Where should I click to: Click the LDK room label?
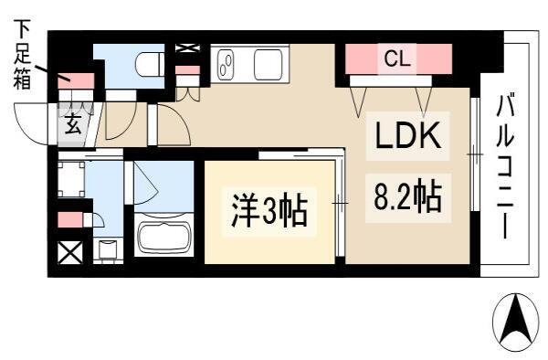coord(407,135)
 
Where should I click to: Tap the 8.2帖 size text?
coord(408,196)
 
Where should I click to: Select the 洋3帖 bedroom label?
coord(269,211)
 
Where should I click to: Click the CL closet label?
coord(397,58)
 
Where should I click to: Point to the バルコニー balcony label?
coord(506,166)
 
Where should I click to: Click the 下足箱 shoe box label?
coord(22,54)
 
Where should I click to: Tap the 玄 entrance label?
coord(72,124)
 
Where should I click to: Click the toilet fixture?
coord(149,65)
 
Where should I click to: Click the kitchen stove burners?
coord(227,64)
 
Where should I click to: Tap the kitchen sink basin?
coord(268,64)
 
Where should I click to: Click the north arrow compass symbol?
coord(515,319)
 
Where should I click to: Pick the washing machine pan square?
coord(71,179)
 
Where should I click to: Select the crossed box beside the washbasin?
coord(70,252)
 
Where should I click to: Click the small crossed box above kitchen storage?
coord(187,48)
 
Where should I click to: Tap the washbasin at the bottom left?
coord(108,249)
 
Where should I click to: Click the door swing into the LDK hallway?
coord(174,124)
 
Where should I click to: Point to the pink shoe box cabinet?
coord(76,81)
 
